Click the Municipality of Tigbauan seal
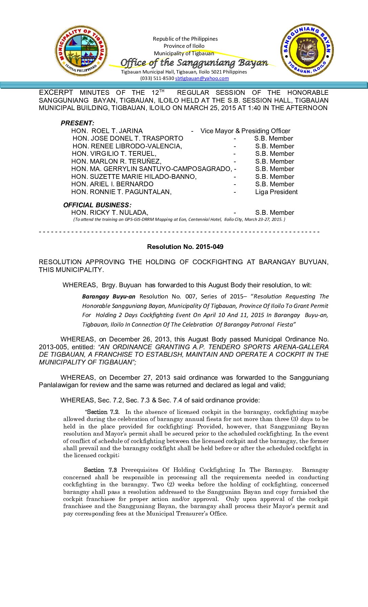pyautogui.click(x=81, y=51)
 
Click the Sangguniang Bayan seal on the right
pyautogui.click(x=307, y=50)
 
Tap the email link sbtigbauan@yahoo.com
pyautogui.click(x=202, y=78)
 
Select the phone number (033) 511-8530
pyautogui.click(x=157, y=78)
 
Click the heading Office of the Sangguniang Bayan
pyautogui.click(x=194, y=63)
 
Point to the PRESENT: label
pyautogui.click(x=77, y=123)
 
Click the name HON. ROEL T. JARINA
pyautogui.click(x=107, y=131)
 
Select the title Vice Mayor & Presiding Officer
pyautogui.click(x=245, y=131)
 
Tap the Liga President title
pyautogui.click(x=276, y=192)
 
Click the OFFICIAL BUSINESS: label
pyautogui.click(x=97, y=205)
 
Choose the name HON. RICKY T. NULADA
pyautogui.click(x=110, y=213)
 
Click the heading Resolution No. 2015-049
pyautogui.click(x=185, y=247)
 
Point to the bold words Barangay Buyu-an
pyautogui.click(x=109, y=296)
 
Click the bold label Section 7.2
pyautogui.click(x=102, y=412)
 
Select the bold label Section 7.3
pyautogui.click(x=100, y=470)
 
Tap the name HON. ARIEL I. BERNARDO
pyautogui.click(x=112, y=184)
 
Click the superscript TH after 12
pyautogui.click(x=162, y=91)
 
